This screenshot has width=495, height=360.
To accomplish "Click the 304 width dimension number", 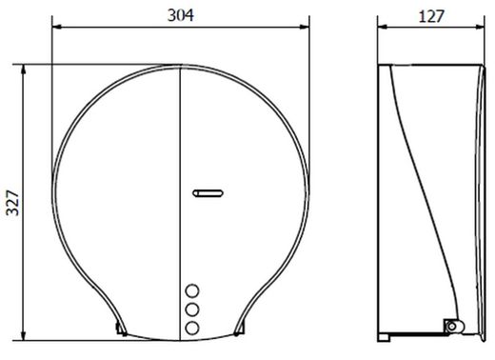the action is click(x=181, y=15).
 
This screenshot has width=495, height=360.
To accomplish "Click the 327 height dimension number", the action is click(x=13, y=203).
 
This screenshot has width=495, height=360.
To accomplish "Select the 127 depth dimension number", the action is click(x=431, y=16).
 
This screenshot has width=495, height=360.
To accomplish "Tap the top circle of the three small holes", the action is click(x=192, y=291).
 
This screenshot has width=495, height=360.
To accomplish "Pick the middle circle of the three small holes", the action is click(x=192, y=310).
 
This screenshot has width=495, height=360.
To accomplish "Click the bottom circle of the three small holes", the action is click(x=192, y=329).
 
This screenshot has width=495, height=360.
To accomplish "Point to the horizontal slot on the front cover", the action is click(x=208, y=193).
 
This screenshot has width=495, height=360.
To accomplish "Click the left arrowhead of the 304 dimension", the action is click(x=56, y=28).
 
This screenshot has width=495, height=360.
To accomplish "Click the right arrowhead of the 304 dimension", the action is click(x=305, y=28).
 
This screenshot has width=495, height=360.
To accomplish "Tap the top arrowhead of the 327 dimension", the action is click(x=23, y=70).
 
